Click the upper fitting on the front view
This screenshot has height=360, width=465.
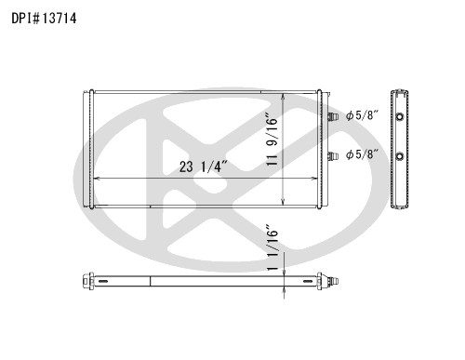tap(330, 117)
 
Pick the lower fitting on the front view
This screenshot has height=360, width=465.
tap(330, 154)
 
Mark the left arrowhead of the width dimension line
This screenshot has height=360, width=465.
tap(96, 178)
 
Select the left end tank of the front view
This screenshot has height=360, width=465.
tap(90, 149)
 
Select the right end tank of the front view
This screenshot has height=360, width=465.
tap(321, 149)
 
